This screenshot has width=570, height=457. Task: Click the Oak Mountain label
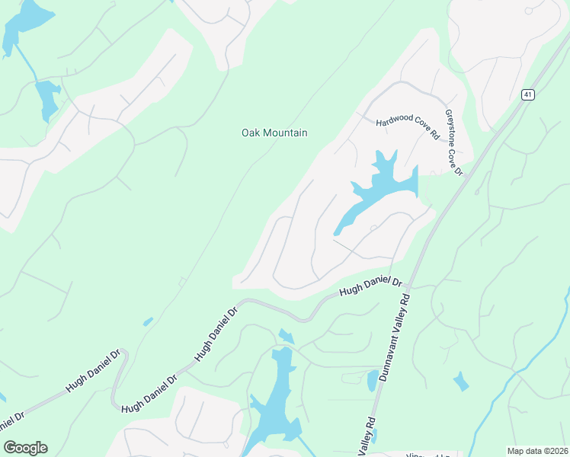coord(274,133)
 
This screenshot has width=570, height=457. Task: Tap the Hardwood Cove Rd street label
coord(408,125)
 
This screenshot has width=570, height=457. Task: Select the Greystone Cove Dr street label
coord(454,142)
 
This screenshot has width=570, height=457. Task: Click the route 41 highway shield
coord(528,94)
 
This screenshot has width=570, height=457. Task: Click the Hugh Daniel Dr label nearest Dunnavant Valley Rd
coord(370,288)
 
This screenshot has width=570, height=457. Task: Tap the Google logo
coord(25,448)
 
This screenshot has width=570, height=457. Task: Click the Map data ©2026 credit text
coord(538,451)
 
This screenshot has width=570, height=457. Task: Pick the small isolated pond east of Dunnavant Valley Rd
coord(461,382)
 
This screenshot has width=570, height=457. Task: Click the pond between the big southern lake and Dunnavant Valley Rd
coord(373,379)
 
